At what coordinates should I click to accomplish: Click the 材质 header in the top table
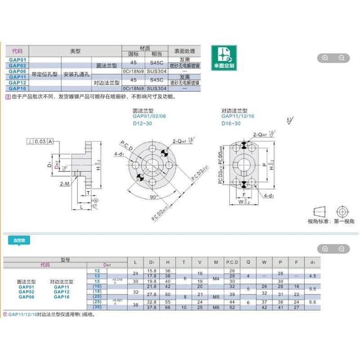(x=145, y=48)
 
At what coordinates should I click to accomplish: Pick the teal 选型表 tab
(x=19, y=241)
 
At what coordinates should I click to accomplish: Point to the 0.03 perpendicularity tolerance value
(x=40, y=141)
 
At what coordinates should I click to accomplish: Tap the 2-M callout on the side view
(x=64, y=184)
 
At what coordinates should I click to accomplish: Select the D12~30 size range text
(x=142, y=123)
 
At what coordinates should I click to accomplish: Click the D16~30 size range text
(x=231, y=123)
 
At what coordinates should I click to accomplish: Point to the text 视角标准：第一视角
(x=331, y=221)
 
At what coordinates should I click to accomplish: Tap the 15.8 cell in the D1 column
(x=152, y=270)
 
